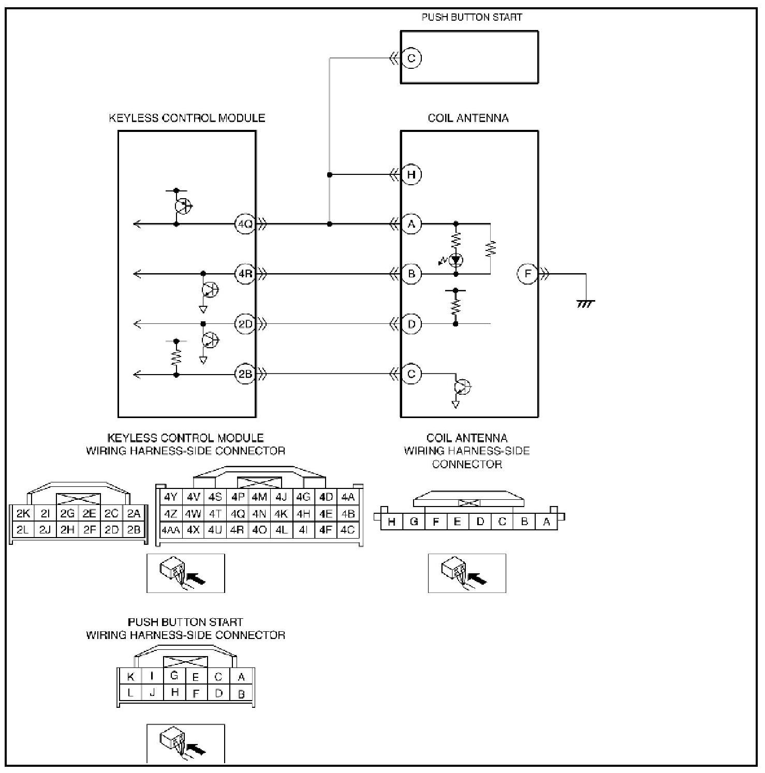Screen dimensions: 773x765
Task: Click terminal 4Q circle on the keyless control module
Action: (x=244, y=224)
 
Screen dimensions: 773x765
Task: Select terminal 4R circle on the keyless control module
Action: (x=244, y=274)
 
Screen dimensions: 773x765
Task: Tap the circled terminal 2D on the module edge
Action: (x=244, y=324)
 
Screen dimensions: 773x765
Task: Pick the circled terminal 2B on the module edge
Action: (x=244, y=374)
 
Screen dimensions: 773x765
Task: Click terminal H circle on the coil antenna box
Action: (x=411, y=175)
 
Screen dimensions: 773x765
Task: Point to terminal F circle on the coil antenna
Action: (x=527, y=274)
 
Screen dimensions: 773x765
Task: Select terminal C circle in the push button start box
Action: (x=411, y=58)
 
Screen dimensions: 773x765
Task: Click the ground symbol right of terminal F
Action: (x=585, y=304)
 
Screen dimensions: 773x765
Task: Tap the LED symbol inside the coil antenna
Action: (x=455, y=260)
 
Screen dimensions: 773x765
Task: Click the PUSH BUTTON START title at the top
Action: (x=472, y=17)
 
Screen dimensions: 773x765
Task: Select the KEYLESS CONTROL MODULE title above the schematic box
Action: (x=187, y=118)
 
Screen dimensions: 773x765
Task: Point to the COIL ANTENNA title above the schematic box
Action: (x=468, y=118)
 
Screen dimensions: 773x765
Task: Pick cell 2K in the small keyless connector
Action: (x=23, y=514)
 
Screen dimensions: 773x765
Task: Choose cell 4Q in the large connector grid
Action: (x=238, y=514)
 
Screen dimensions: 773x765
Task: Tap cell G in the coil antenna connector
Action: (x=414, y=522)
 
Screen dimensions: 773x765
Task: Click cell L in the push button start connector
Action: (x=130, y=692)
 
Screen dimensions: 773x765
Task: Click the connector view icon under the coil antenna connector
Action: (x=467, y=573)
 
